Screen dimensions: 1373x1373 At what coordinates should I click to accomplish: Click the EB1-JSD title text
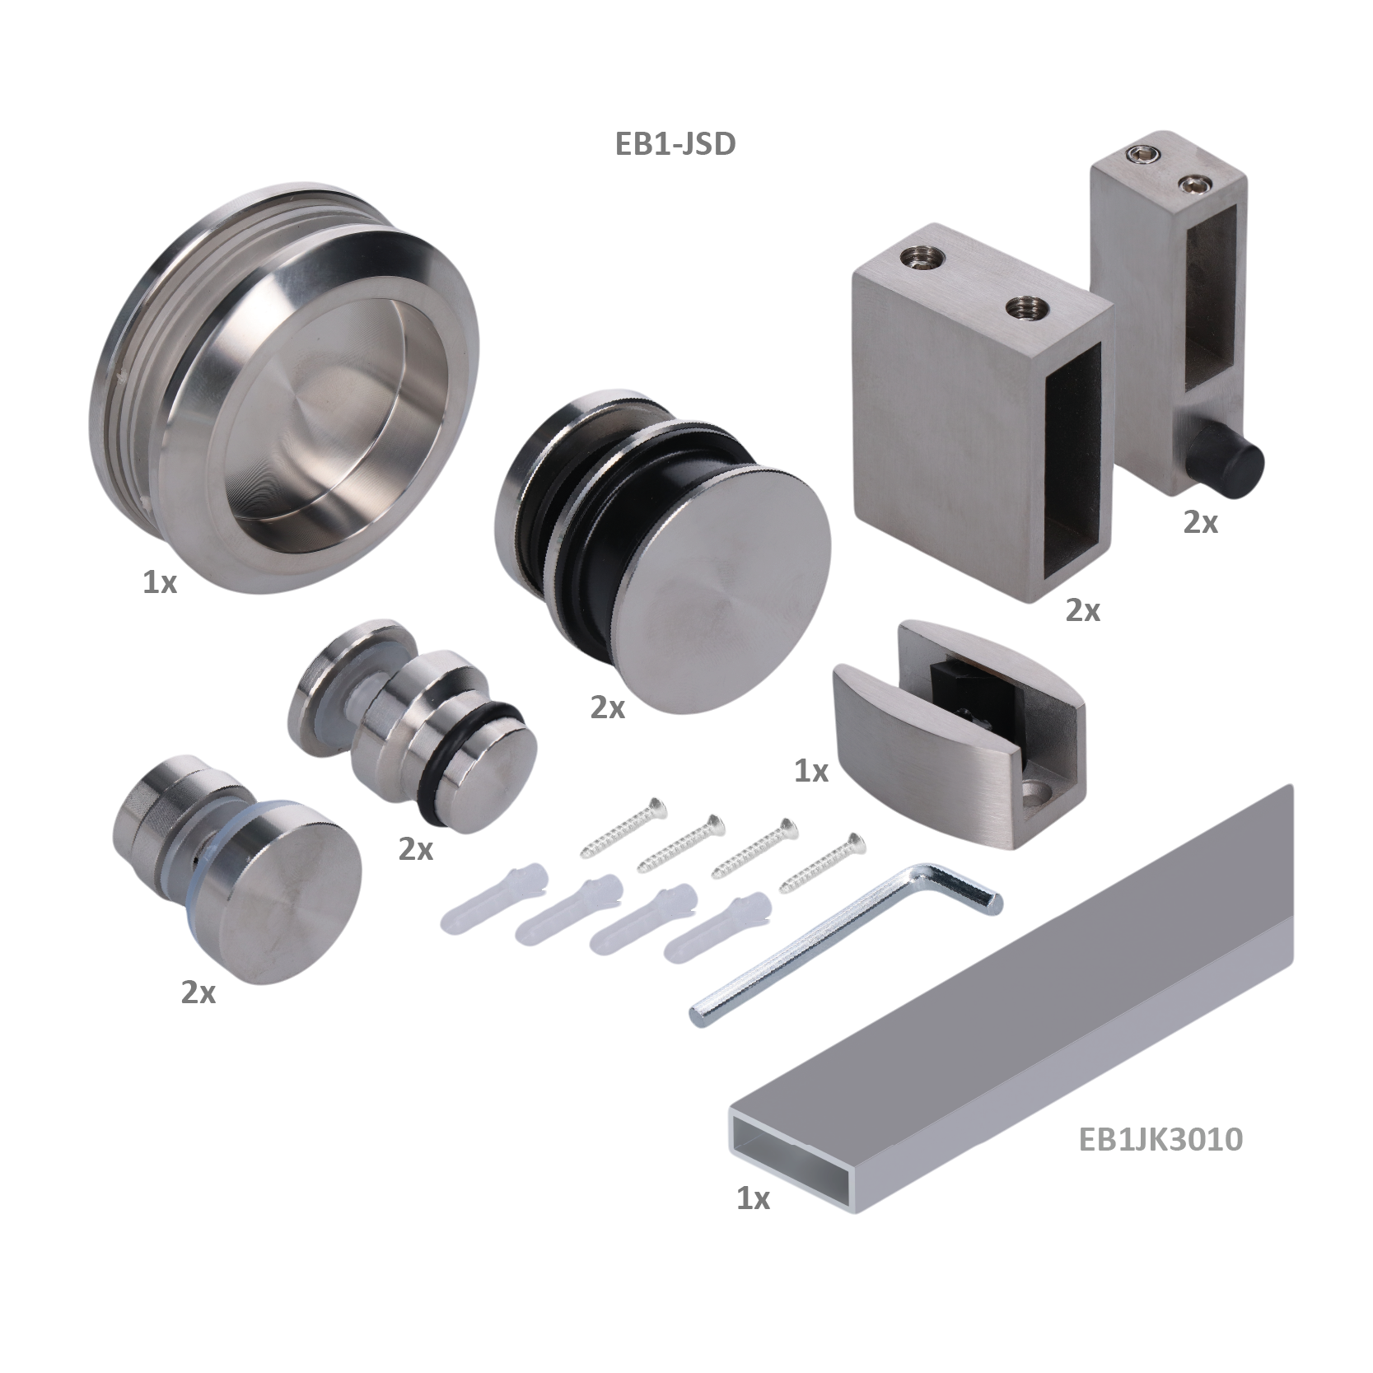(x=675, y=144)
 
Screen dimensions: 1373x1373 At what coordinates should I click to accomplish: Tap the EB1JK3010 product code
(x=1161, y=1139)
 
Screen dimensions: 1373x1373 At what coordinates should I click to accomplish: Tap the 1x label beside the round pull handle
(x=160, y=583)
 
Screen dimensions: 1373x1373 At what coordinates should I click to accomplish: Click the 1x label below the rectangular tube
(x=753, y=1199)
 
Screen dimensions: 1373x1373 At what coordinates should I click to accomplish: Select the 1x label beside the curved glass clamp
(x=811, y=771)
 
